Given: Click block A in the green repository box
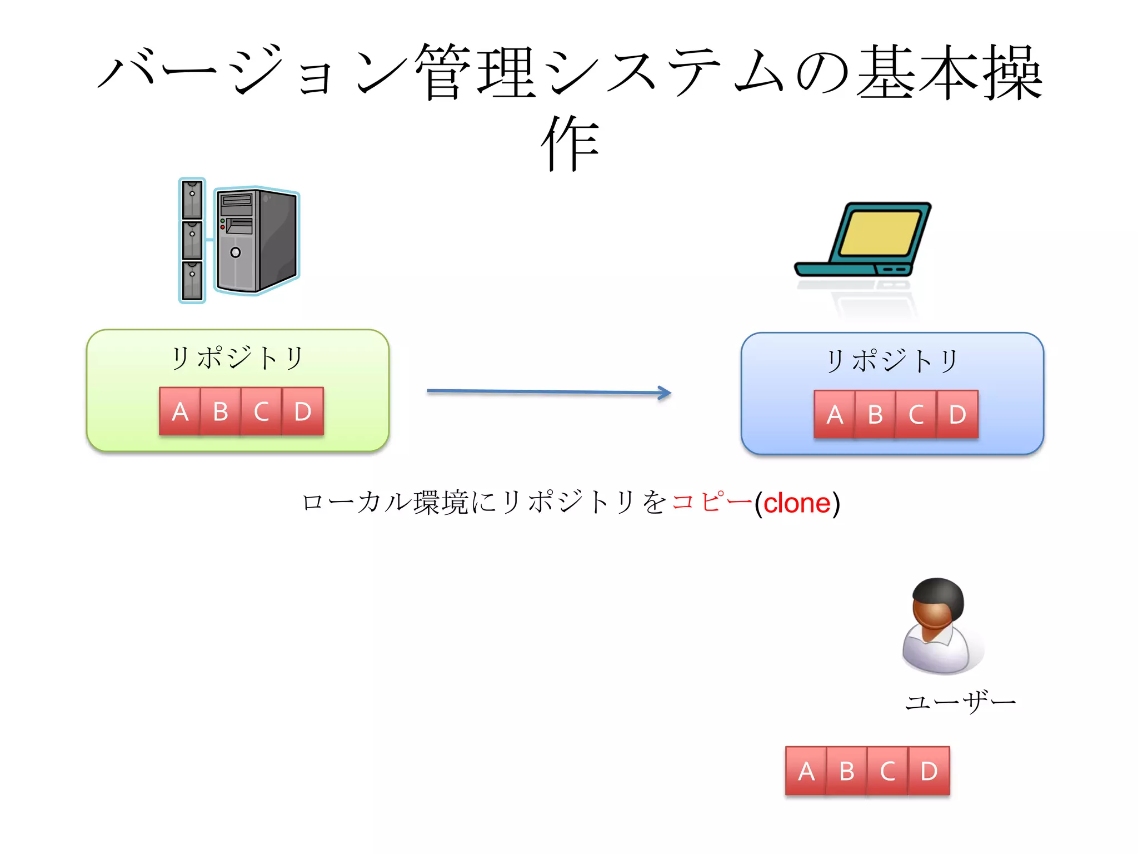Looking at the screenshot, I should pyautogui.click(x=179, y=411).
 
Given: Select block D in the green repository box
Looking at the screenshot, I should pyautogui.click(x=303, y=411).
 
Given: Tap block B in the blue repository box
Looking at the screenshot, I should pyautogui.click(x=875, y=415).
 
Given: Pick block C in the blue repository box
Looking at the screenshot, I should pyautogui.click(x=916, y=415).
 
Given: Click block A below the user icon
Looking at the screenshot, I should pyautogui.click(x=806, y=771).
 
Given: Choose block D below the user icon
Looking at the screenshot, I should pyautogui.click(x=929, y=771).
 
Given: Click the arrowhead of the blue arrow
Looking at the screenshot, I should pyautogui.click(x=665, y=393).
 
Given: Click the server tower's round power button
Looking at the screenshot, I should pyautogui.click(x=236, y=252).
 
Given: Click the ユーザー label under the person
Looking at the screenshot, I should pyautogui.click(x=960, y=702).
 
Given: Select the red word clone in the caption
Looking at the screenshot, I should pyautogui.click(x=796, y=503).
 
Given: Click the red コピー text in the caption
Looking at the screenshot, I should pyautogui.click(x=711, y=502).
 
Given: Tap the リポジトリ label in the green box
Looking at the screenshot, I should pyautogui.click(x=237, y=358).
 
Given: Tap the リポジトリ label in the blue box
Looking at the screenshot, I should pyautogui.click(x=892, y=361).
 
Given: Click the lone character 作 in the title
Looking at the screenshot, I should pyautogui.click(x=570, y=143).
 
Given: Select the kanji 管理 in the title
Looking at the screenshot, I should pyautogui.click(x=475, y=72).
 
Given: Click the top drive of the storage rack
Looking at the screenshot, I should pyautogui.click(x=192, y=199).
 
